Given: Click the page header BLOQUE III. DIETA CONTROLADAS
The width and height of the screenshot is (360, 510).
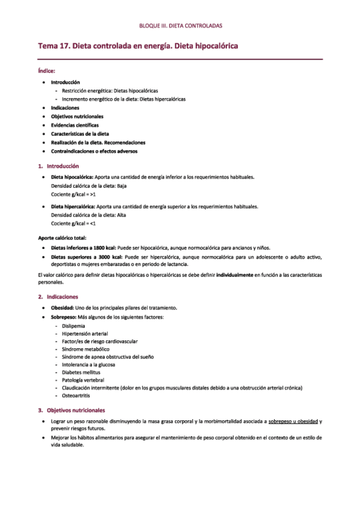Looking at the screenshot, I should coord(180,26).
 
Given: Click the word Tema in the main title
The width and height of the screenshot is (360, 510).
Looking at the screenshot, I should coord(49,46).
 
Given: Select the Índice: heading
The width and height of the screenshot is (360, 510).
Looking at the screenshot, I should coord(47,70).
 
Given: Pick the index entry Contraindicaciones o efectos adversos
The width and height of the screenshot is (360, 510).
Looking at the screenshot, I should coord(94,152).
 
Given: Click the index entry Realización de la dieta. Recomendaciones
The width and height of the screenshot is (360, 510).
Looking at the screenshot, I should coord(98,143).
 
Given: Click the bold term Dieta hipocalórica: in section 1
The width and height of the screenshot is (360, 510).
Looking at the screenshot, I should coord(72,177).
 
